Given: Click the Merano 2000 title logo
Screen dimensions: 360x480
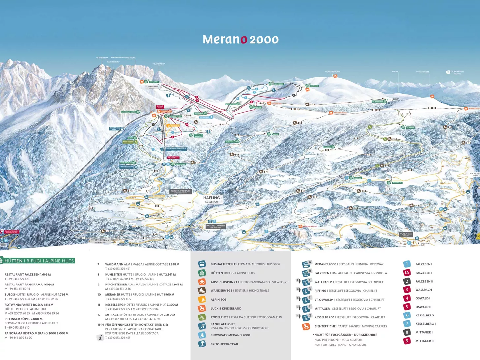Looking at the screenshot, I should (x=240, y=39).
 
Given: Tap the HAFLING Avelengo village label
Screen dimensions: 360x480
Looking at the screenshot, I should (x=211, y=199).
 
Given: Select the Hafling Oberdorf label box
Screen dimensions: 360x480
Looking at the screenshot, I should (x=180, y=191).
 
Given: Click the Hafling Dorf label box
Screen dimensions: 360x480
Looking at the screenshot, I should (x=216, y=226).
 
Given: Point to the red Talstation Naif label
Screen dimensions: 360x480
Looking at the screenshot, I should (x=12, y=232).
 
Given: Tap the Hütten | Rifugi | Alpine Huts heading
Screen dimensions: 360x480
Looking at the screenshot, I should (x=39, y=261).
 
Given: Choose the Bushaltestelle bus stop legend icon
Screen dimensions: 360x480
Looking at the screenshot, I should (x=202, y=264).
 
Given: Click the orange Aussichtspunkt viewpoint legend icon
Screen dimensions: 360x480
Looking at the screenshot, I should (x=202, y=282).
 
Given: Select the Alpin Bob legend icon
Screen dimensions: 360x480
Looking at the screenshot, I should (x=202, y=299).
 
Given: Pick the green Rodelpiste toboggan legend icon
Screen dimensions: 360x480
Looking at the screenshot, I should (x=202, y=317).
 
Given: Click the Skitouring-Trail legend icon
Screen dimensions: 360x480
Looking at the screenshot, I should (x=202, y=344).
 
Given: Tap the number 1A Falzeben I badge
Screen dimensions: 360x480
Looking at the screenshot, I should (x=407, y=273).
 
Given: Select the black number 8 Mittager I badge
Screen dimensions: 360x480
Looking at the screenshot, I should (x=407, y=332).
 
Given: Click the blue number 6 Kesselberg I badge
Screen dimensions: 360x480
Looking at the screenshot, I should (x=407, y=315).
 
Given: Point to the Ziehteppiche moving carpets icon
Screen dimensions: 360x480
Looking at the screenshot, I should (x=306, y=326).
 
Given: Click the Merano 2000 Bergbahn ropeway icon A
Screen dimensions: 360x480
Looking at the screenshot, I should (x=306, y=264).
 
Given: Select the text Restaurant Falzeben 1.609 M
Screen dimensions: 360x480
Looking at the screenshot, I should (x=28, y=274).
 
